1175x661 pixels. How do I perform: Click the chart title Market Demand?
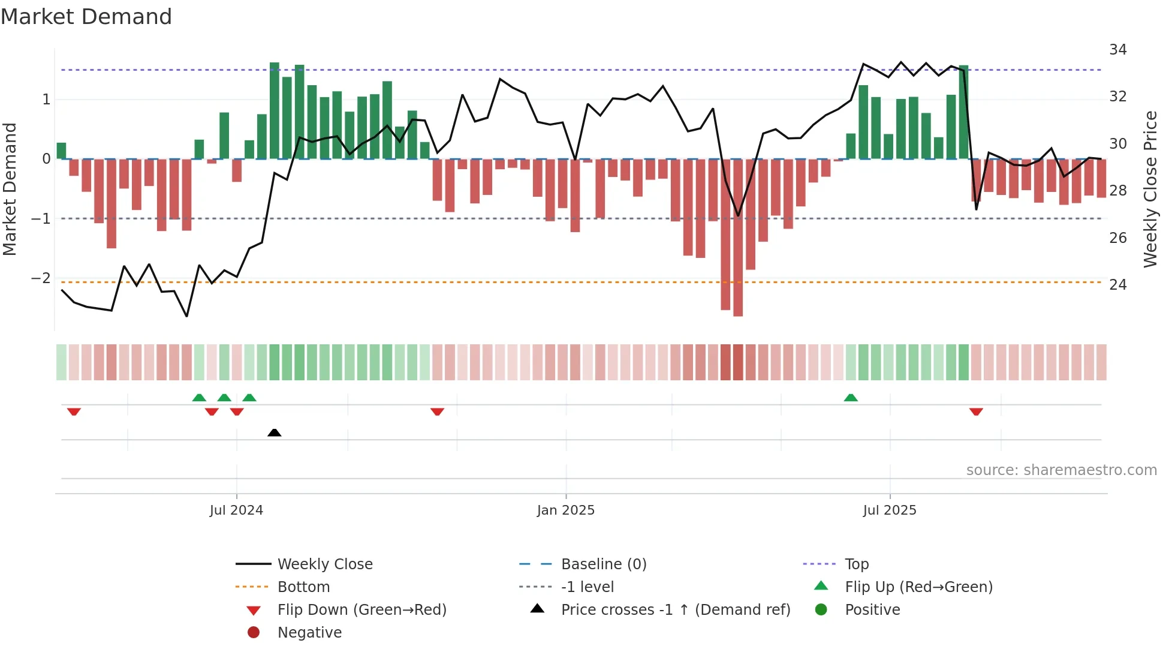tap(86, 17)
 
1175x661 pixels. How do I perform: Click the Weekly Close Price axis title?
tap(1150, 189)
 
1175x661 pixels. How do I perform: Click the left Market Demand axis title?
tap(10, 189)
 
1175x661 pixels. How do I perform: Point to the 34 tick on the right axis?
tap(1117, 50)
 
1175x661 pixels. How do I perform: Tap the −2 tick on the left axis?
tap(41, 278)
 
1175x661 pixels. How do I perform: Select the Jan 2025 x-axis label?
tap(565, 510)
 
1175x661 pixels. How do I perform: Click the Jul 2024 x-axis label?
tap(236, 510)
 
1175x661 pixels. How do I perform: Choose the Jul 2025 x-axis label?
tap(890, 510)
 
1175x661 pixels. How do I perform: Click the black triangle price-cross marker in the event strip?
tap(274, 432)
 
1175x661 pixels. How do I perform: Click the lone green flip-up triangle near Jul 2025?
tap(851, 398)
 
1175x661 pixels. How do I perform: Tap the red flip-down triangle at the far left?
tap(74, 411)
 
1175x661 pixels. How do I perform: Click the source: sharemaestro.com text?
tap(1061, 470)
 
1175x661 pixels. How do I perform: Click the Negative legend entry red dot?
tap(254, 632)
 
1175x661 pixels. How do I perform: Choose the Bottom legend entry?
tap(303, 587)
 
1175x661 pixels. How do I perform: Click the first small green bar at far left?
tap(61, 151)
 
